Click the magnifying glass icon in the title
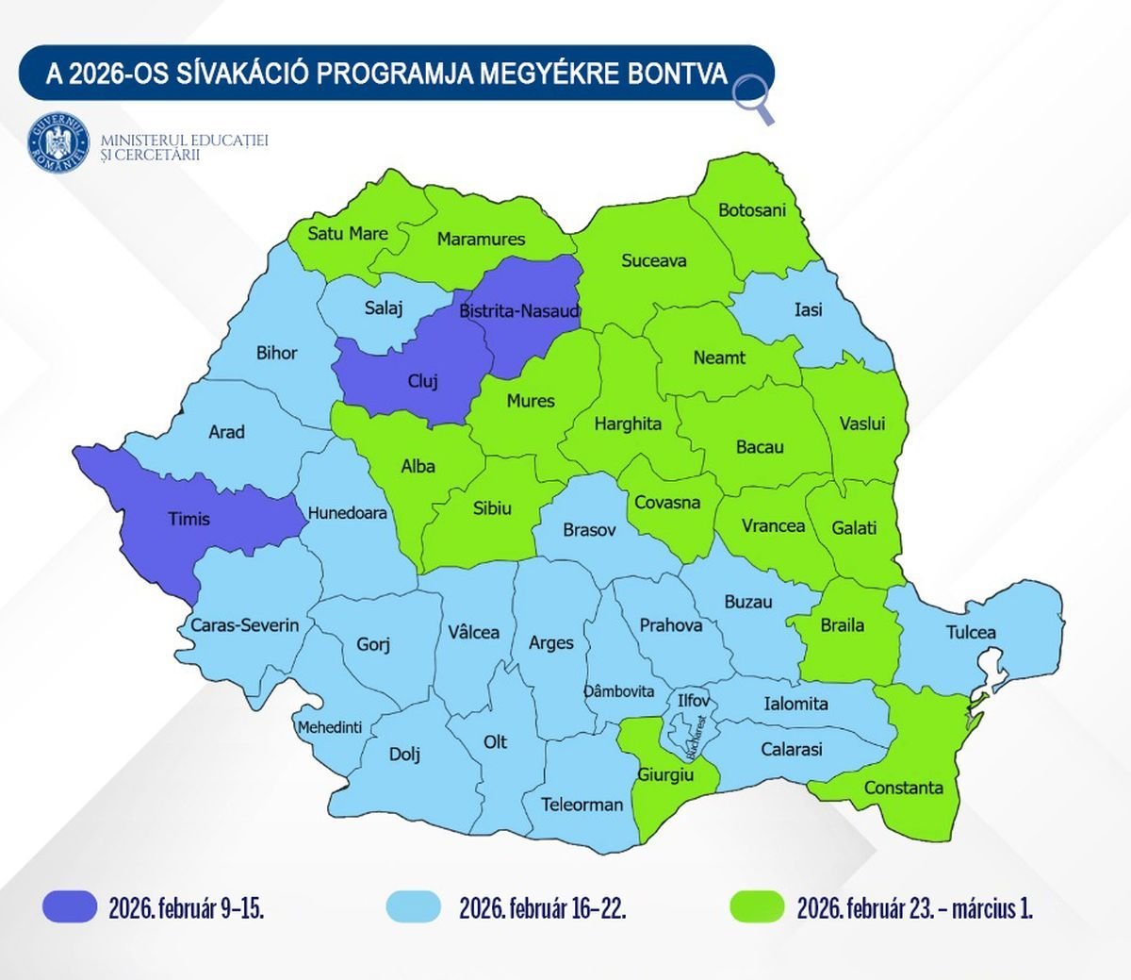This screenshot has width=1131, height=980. [752, 98]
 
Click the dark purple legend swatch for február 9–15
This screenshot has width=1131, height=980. [71, 906]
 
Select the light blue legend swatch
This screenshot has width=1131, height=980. [414, 906]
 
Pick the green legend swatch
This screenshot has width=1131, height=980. [757, 906]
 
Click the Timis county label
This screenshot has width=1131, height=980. [188, 519]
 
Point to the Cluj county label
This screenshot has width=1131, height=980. [422, 382]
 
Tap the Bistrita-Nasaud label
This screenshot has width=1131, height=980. [519, 310]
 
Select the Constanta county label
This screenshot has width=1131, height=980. [903, 788]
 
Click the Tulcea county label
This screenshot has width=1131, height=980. [971, 632]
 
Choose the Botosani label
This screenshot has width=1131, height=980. [751, 209]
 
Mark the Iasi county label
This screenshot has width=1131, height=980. [808, 309]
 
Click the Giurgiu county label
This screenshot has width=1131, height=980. [665, 774]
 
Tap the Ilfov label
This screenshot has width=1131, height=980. [694, 701]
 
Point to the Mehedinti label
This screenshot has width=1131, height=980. [330, 727]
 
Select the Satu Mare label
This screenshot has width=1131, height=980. [348, 233]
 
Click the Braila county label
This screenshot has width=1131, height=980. [842, 624]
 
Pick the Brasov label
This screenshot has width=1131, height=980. [589, 530]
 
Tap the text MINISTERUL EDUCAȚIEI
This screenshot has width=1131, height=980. [185, 141]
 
